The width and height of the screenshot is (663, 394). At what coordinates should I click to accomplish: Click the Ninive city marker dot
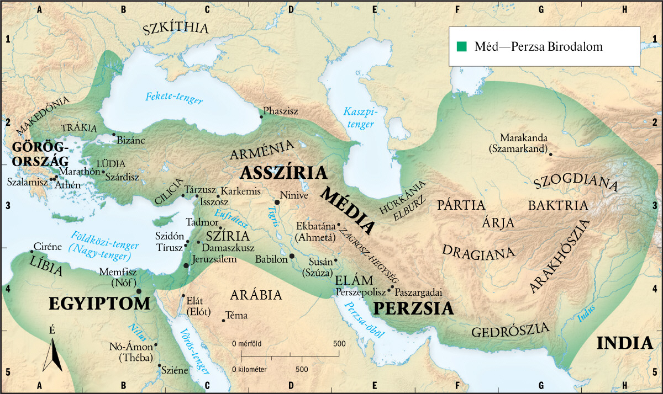click(277, 203)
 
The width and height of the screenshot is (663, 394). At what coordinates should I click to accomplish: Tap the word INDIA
click(625, 343)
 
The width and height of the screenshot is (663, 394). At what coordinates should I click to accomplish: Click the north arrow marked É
click(52, 353)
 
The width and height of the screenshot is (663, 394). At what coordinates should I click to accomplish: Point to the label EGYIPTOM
click(99, 304)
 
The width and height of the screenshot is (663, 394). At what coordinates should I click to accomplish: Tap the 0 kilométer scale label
click(250, 368)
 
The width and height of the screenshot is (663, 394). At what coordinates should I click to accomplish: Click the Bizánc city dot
click(114, 134)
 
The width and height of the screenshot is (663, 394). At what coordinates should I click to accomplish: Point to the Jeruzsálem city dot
click(186, 265)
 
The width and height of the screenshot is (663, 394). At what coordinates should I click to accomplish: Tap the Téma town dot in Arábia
click(223, 320)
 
